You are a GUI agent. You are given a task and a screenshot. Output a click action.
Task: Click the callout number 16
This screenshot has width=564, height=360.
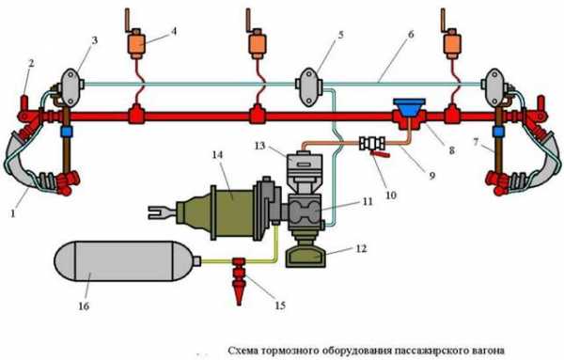pos(84,306)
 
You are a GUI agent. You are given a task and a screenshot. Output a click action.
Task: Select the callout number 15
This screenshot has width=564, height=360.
pos(280,305)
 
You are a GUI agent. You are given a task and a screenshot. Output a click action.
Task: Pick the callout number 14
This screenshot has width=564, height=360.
pos(217,155)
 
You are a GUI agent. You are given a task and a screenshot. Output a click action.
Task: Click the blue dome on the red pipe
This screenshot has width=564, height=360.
pos(409,106)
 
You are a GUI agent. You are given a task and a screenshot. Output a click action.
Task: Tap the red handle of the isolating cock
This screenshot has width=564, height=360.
pos(380,155)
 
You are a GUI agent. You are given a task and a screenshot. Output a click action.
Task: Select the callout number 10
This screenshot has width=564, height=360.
pos(391,195)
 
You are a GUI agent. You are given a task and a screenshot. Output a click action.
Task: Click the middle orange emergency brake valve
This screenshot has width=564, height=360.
pos(257,43)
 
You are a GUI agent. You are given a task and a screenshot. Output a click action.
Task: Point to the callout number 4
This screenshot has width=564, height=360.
pos(174,31)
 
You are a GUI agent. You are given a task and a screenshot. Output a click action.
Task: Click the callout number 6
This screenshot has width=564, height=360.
pos(411,34)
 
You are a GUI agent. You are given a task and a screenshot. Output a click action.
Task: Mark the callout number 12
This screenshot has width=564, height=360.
pos(361,248)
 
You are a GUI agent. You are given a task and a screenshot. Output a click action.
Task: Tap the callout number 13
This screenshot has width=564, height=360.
pos(259,146)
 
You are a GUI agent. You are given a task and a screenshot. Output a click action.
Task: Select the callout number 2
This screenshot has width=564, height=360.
pos(31,63)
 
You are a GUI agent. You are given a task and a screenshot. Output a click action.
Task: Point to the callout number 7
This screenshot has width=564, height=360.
pos(476,143)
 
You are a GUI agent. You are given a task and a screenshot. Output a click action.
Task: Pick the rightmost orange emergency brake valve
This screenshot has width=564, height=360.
pos(452,43)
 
